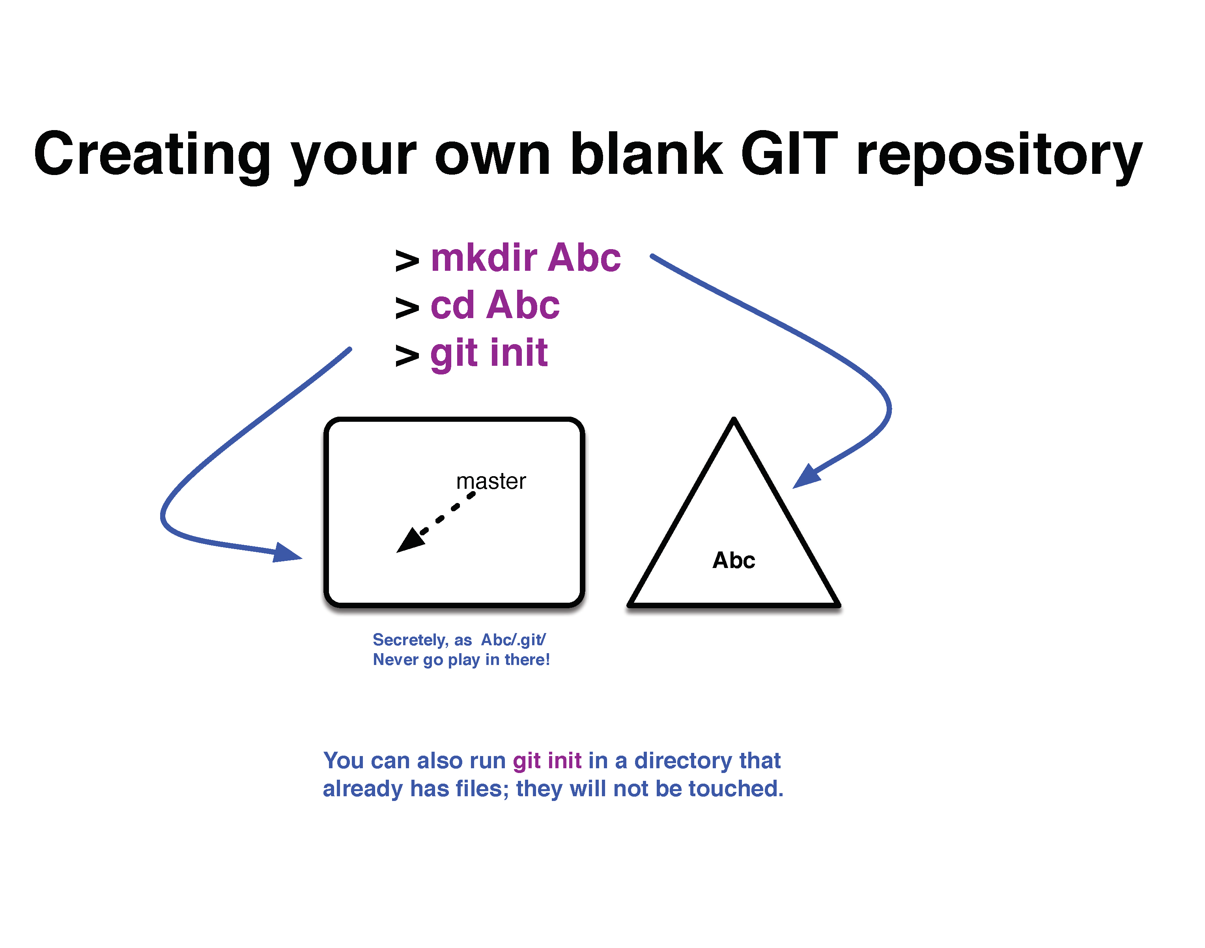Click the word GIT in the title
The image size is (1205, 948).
(789, 154)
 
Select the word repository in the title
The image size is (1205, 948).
(999, 158)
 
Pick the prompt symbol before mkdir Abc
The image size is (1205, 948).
(407, 261)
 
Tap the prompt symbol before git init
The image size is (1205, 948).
(407, 356)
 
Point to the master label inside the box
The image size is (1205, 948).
(491, 481)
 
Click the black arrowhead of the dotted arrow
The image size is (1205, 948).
(411, 540)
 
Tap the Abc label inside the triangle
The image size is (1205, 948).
(734, 560)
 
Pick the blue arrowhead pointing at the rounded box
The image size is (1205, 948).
(287, 553)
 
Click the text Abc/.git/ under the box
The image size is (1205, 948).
(514, 640)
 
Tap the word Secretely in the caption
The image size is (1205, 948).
(410, 640)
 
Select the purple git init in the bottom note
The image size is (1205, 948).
(547, 761)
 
